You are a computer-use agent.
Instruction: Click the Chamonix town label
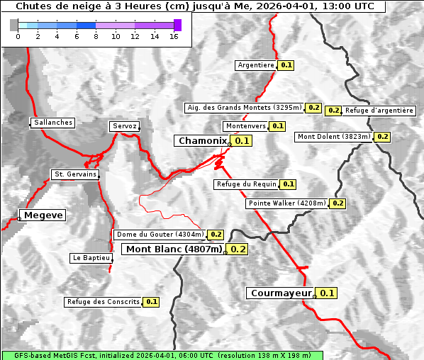click(203, 141)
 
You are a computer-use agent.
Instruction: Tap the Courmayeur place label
click(281, 293)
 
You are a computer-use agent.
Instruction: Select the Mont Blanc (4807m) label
click(174, 249)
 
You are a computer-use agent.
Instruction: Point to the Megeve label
click(43, 215)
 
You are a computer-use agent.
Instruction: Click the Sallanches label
click(53, 123)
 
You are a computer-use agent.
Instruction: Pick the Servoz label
click(125, 126)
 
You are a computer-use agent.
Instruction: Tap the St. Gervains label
click(75, 174)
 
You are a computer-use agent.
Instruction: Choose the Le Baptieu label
click(91, 258)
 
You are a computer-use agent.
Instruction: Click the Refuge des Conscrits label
click(104, 302)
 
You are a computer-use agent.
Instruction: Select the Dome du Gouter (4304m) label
click(160, 235)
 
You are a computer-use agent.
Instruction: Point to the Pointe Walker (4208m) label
click(287, 203)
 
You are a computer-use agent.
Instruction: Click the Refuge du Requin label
click(246, 184)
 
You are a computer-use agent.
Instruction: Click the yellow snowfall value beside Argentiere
click(286, 65)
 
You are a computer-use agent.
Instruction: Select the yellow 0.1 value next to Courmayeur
click(327, 293)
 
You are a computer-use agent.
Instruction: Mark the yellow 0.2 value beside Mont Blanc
click(238, 249)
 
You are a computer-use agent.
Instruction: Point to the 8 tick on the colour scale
click(96, 36)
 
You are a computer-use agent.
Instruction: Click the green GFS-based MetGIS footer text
click(162, 355)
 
